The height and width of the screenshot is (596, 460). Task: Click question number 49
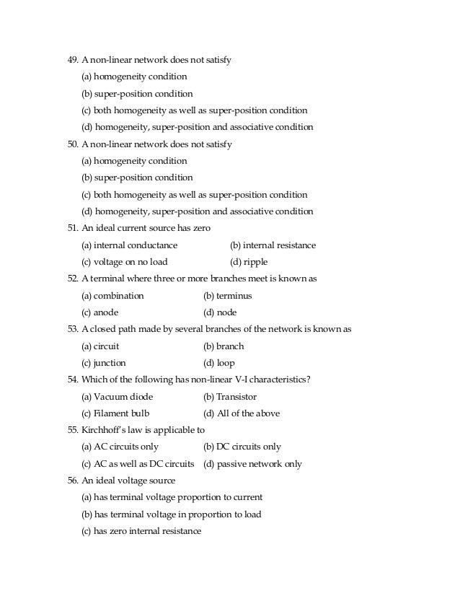(72, 60)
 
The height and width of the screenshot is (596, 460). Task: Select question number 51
(72, 229)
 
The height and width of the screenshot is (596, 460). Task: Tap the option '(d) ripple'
(248, 263)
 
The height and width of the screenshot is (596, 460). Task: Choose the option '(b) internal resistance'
(273, 245)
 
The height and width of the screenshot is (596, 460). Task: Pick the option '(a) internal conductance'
(129, 245)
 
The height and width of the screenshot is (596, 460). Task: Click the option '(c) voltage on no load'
(124, 263)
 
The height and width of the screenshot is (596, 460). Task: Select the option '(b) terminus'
(227, 296)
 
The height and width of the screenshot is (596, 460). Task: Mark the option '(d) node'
(220, 313)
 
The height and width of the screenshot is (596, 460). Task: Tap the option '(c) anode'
(100, 313)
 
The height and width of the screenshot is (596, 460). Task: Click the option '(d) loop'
(219, 364)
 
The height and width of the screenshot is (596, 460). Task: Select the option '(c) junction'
(104, 364)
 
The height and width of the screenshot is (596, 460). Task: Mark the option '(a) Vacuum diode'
(118, 397)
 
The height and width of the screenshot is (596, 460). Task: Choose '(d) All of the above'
(242, 414)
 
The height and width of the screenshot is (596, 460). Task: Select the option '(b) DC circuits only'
(242, 447)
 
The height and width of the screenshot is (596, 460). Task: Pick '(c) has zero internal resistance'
(141, 532)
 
